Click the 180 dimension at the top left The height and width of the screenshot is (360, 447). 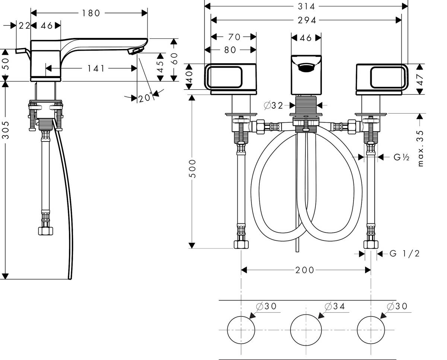[91, 13]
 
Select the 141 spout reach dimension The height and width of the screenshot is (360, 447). [96, 69]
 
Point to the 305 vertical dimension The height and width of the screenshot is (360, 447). [6, 130]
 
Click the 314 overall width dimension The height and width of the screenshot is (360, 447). [306, 7]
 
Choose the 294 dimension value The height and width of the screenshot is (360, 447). [307, 20]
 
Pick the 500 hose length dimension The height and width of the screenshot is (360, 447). [192, 169]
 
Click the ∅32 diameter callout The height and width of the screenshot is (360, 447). [273, 106]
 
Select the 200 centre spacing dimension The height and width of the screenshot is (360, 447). [305, 270]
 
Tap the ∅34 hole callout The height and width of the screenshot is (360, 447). [335, 306]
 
